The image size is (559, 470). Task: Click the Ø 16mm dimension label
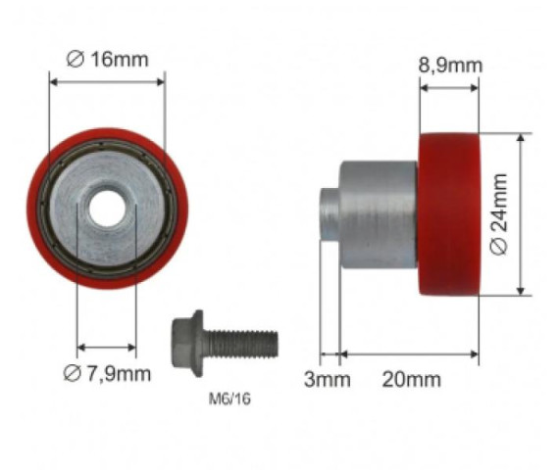tap(107, 59)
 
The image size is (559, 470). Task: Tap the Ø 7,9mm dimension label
tap(107, 373)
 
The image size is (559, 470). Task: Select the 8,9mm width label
tap(450, 66)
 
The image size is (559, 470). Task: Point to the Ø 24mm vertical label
tap(498, 214)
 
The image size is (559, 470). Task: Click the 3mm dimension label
tap(327, 379)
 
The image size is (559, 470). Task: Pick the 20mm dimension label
tap(412, 379)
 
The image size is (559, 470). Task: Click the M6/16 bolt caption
tap(229, 399)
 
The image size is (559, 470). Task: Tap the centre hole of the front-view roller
tap(107, 209)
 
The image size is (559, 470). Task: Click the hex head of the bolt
tap(187, 343)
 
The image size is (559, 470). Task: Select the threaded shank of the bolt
tap(241, 344)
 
